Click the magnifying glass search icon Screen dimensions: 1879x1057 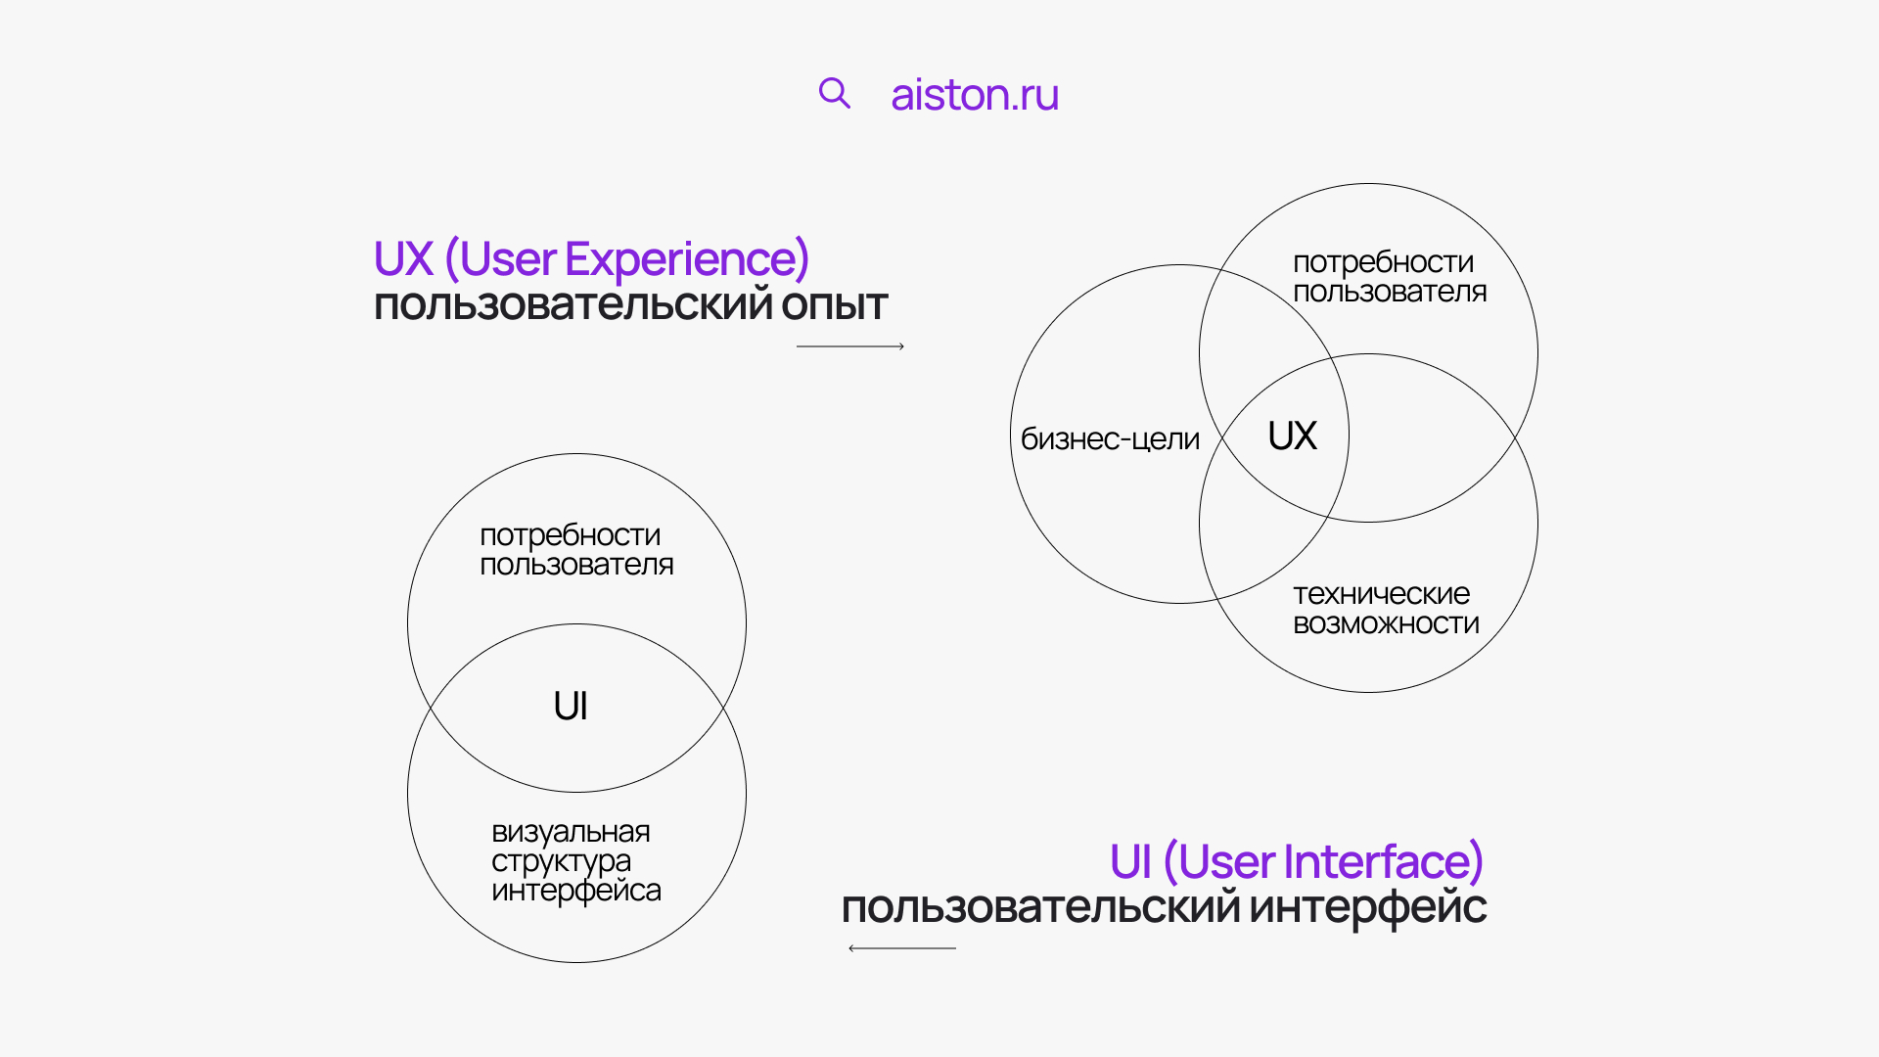(x=835, y=93)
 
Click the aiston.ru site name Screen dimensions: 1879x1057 (x=975, y=95)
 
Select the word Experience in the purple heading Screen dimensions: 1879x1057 (x=687, y=260)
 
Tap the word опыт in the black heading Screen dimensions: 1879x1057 (x=834, y=305)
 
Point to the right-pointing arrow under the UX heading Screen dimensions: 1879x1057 (x=850, y=346)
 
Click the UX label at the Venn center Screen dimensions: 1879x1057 (x=1292, y=436)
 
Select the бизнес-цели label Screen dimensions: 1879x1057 (x=1110, y=439)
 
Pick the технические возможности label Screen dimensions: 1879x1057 (x=1386, y=609)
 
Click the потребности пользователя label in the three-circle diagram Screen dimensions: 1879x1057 (x=1390, y=277)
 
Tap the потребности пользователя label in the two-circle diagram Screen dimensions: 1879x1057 (x=576, y=550)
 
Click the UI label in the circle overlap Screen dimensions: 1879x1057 (x=571, y=706)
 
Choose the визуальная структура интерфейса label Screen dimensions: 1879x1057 (x=576, y=861)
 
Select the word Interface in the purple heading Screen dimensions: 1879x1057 (x=1383, y=862)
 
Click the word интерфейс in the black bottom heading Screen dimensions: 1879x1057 (x=1368, y=908)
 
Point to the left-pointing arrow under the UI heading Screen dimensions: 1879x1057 (x=902, y=948)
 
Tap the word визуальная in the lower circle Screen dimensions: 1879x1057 (x=571, y=832)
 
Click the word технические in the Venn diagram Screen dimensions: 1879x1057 (x=1381, y=594)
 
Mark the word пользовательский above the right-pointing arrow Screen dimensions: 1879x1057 (x=573, y=305)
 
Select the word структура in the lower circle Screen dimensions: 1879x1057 (x=562, y=862)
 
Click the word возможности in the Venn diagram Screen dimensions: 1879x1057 (x=1386, y=623)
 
